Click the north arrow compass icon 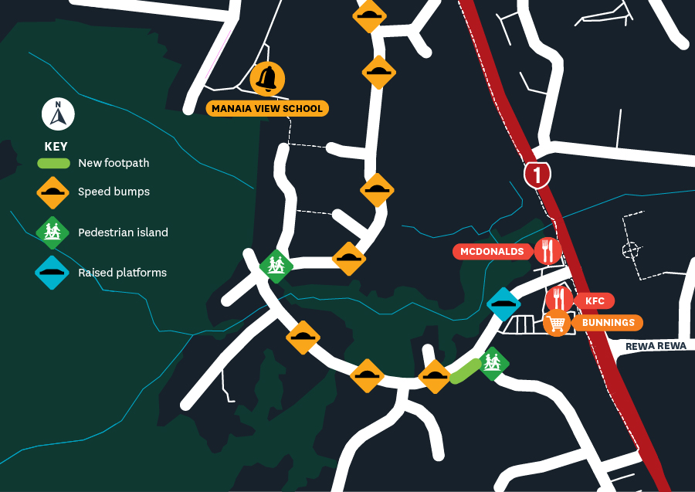pos(58,115)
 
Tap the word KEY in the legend pos(56,147)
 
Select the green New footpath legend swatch pos(53,164)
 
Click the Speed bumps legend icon pos(53,192)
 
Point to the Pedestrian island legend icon pos(53,232)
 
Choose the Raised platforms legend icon pos(53,273)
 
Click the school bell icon pos(268,79)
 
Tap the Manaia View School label pos(267,109)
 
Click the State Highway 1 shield pos(537,175)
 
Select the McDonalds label pos(492,252)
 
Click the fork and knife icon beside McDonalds pos(548,251)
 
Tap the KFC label pos(594,300)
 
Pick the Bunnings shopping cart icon pos(557,322)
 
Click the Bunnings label pos(608,322)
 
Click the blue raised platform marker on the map pos(503,304)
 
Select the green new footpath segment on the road pos(466,371)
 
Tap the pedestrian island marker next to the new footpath pos(491,362)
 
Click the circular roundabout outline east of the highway pos(631,250)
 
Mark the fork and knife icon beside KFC pos(559,299)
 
